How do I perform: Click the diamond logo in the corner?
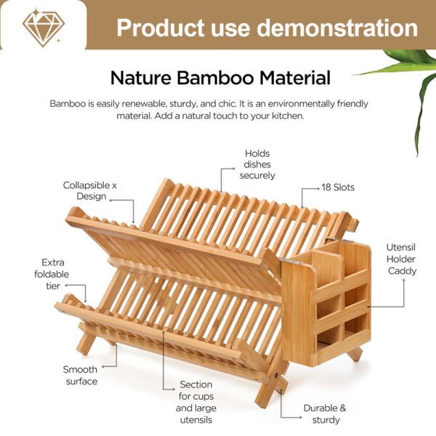tap(44, 28)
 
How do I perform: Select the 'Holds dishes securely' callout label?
tap(257, 164)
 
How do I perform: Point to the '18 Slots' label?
tap(338, 187)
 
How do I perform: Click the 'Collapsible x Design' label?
tap(90, 190)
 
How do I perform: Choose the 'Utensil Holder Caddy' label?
tap(401, 259)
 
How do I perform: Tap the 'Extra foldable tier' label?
tap(52, 274)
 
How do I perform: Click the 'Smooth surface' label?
tap(81, 375)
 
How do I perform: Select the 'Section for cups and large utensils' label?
tap(196, 402)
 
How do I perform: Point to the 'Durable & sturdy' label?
tap(325, 413)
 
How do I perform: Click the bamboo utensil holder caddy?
tap(326, 303)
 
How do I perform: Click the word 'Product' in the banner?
tap(161, 28)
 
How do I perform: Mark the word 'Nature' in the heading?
tap(141, 78)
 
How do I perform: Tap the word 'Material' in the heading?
tap(295, 78)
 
